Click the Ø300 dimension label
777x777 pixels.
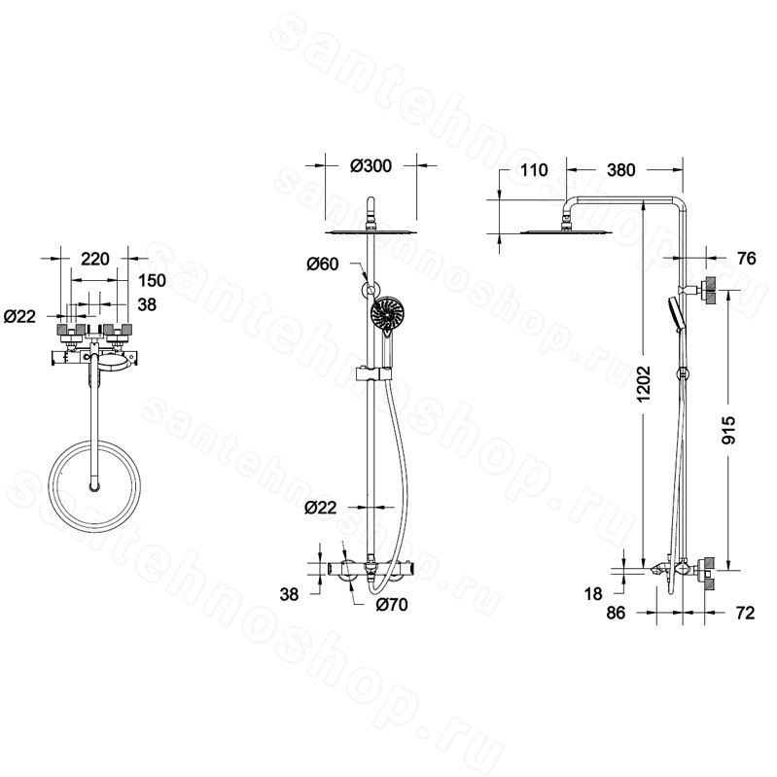tap(371, 165)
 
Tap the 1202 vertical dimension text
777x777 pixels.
tap(644, 383)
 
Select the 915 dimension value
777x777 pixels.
tap(728, 430)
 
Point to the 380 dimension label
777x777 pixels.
tap(620, 170)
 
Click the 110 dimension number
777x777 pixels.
tap(534, 170)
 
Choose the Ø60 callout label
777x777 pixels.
tap(323, 265)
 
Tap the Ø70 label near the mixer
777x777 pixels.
tap(392, 605)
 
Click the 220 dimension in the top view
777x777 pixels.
tap(94, 259)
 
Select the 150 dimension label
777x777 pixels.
tap(152, 280)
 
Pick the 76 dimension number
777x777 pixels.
tap(746, 258)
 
